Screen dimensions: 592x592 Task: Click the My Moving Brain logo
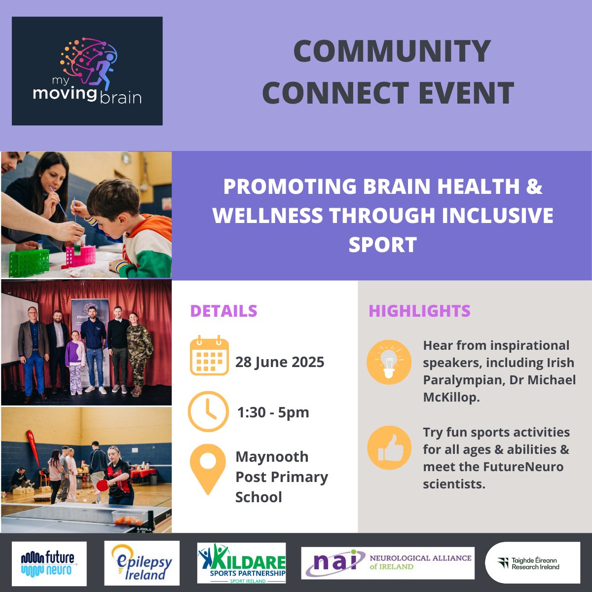coord(87,71)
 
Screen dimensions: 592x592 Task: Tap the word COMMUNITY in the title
coord(392,51)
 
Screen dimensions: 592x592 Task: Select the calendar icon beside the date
coord(209,356)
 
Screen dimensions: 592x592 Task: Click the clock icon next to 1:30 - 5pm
coord(208,412)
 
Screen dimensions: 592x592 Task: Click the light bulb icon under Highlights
coord(389,362)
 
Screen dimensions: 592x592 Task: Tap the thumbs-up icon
coord(389,448)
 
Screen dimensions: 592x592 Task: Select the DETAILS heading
coord(223,311)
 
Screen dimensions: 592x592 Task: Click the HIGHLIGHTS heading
coord(419,311)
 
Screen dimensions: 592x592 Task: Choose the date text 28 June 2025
coord(280,362)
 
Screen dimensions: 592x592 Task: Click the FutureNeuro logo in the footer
coord(49,563)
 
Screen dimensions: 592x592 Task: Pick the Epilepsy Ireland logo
coord(142,563)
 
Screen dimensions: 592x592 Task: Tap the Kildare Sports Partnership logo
coord(242,563)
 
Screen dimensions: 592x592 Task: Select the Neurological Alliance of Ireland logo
coord(388,563)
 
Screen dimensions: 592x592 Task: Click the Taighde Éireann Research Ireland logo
coord(532,563)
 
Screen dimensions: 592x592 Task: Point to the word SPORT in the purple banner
coord(382,245)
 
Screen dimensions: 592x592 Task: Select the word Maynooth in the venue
coord(272,457)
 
